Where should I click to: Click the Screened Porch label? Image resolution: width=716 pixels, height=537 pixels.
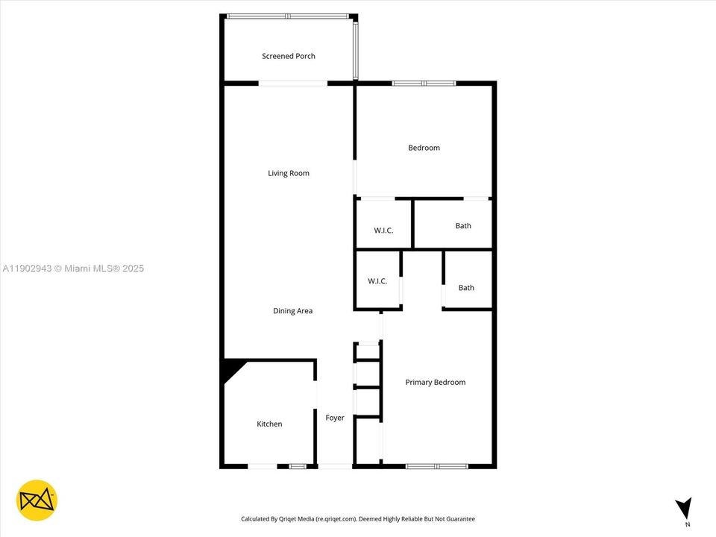[288, 56]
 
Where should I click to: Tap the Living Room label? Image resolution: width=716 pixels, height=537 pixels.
[289, 173]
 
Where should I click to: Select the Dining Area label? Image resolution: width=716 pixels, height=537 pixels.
[292, 311]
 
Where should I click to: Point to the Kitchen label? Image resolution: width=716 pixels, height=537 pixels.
[269, 424]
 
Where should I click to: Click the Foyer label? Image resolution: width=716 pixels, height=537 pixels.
[335, 418]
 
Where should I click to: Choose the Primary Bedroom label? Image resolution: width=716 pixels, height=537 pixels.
[435, 382]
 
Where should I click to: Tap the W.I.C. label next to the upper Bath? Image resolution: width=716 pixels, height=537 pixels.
[383, 230]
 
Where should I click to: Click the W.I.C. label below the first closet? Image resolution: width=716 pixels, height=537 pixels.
[377, 281]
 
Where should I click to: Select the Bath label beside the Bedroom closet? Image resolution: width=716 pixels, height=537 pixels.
[463, 226]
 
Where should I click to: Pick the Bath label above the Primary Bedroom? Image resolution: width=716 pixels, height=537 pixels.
[466, 288]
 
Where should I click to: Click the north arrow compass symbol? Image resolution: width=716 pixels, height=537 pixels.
[683, 509]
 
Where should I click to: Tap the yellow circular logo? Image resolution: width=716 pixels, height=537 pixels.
[37, 500]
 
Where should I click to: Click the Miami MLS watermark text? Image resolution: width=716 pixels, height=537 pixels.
[73, 268]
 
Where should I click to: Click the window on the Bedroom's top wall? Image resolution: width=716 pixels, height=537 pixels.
[424, 83]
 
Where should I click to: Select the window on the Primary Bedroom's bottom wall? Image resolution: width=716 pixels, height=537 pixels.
[437, 466]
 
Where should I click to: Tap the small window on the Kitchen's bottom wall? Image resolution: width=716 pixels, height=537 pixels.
[298, 466]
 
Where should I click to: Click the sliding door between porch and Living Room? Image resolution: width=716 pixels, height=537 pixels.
[292, 83]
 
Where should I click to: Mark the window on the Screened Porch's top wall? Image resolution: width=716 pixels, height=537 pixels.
[288, 16]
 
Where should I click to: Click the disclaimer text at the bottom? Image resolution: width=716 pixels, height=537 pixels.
[357, 519]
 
